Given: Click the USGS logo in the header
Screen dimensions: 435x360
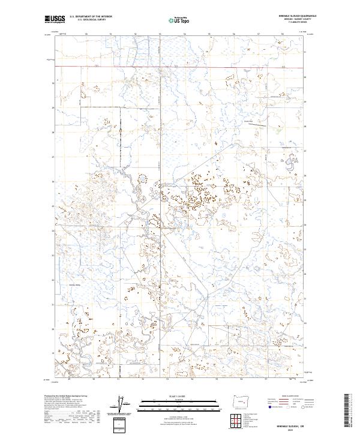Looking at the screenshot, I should (55, 20).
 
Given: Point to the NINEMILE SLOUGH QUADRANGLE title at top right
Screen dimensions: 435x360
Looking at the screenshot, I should (289, 17).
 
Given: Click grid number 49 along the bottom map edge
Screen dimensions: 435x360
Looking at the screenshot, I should (70, 379).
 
